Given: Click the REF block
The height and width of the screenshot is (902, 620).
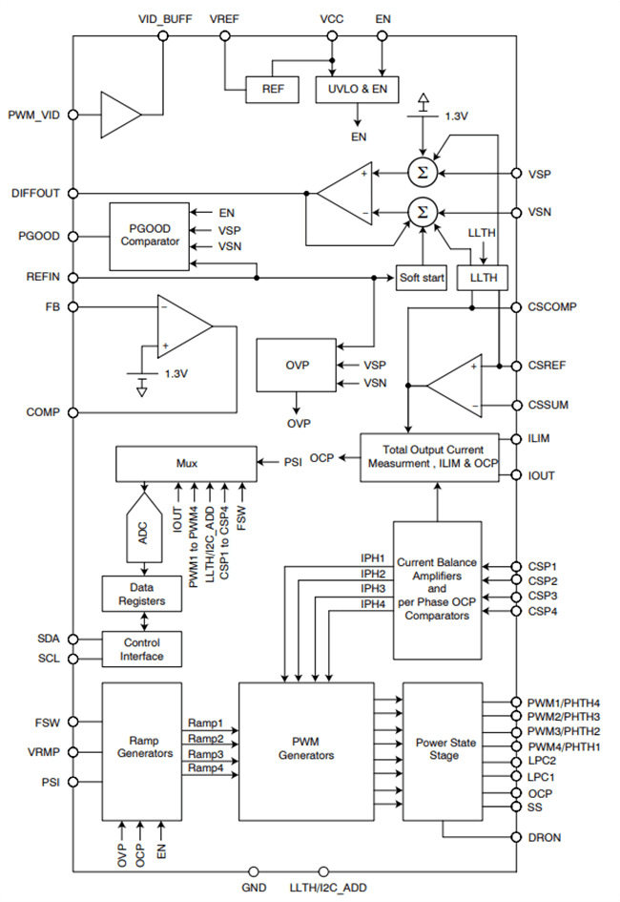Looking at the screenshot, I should click(x=272, y=89).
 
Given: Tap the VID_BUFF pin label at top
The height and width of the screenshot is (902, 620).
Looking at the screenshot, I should click(x=163, y=18).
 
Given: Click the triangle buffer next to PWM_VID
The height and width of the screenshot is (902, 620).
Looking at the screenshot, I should click(x=119, y=115).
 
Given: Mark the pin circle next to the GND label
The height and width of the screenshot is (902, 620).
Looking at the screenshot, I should click(x=254, y=871).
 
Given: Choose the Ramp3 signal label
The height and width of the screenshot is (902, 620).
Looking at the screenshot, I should click(x=204, y=753).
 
